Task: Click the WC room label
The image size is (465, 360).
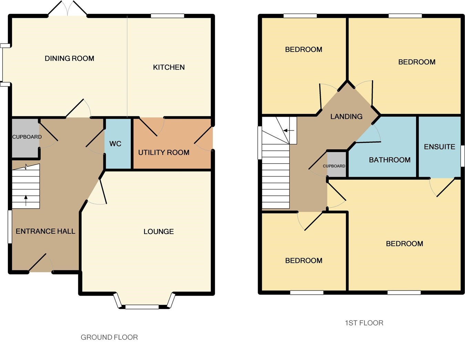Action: pyautogui.click(x=115, y=144)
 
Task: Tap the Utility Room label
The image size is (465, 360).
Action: pyautogui.click(x=164, y=152)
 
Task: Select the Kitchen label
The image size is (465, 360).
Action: pyautogui.click(x=169, y=67)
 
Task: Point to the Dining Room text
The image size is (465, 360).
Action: pyautogui.click(x=69, y=59)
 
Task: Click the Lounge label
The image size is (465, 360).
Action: pyautogui.click(x=158, y=232)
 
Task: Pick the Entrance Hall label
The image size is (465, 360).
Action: pyautogui.click(x=45, y=231)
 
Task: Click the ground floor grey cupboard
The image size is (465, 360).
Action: pyautogui.click(x=25, y=138)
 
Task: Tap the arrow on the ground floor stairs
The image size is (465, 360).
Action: pyautogui.click(x=26, y=200)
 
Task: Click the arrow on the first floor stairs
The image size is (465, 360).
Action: pyautogui.click(x=289, y=130)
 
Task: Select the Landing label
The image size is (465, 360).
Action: pyautogui.click(x=346, y=117)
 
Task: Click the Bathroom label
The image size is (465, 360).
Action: pyautogui.click(x=390, y=160)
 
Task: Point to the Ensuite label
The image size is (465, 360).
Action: pyautogui.click(x=440, y=147)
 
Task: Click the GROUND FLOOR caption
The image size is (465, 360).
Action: pyautogui.click(x=109, y=337)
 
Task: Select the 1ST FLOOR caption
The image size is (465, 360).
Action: pyautogui.click(x=364, y=323)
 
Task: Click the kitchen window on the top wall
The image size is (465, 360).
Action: pyautogui.click(x=167, y=16)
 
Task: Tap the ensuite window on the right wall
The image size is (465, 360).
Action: pyautogui.click(x=463, y=156)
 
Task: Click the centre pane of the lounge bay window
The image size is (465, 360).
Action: pyautogui.click(x=142, y=307)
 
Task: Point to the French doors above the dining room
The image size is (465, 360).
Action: pyautogui.click(x=68, y=8)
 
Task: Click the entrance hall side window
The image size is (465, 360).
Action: pyautogui.click(x=10, y=227)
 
